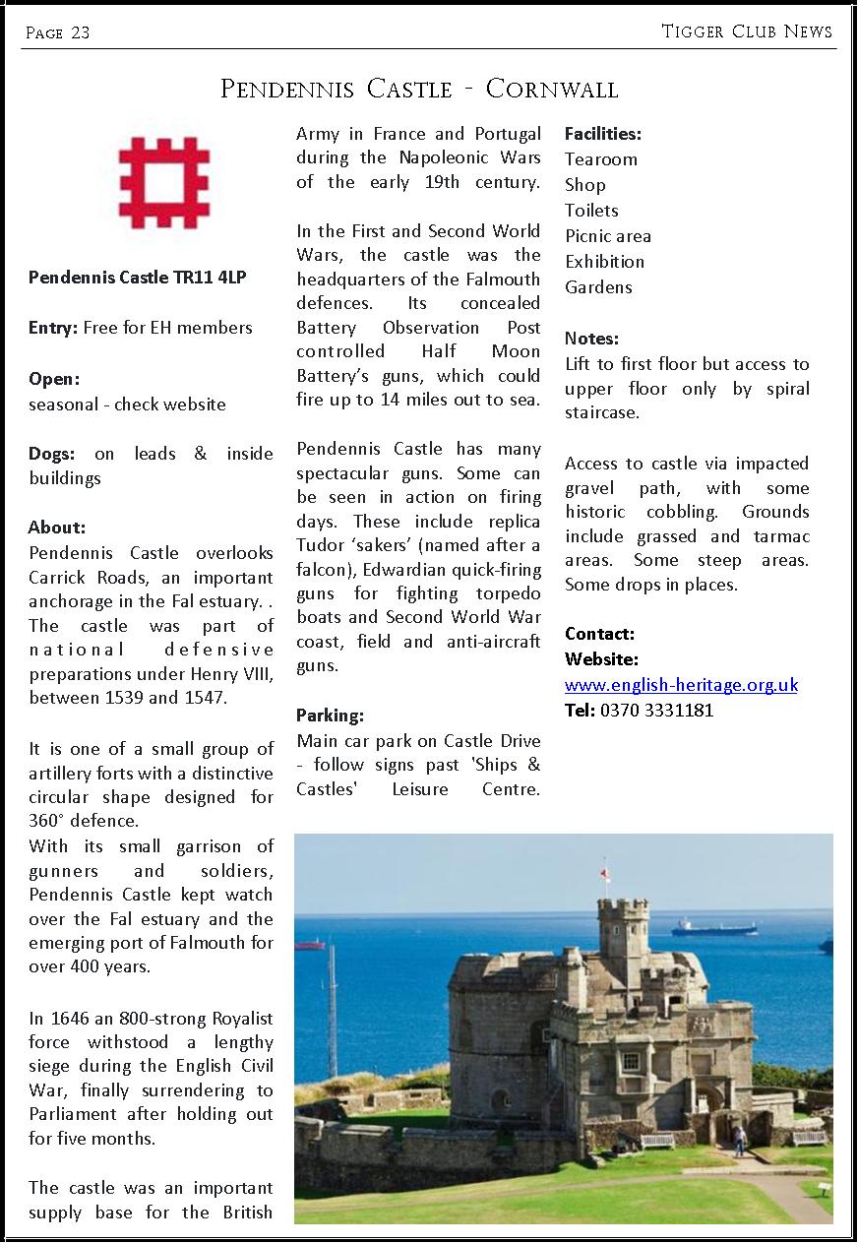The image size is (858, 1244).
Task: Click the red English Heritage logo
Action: click(164, 183)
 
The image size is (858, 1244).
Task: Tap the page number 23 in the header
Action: click(80, 33)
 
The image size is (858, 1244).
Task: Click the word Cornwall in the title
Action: click(552, 90)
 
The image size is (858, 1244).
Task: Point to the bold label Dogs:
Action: click(51, 454)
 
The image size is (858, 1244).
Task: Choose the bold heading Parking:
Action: click(330, 715)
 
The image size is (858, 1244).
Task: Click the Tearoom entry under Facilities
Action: click(600, 159)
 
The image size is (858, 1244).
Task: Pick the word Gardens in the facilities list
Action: click(598, 287)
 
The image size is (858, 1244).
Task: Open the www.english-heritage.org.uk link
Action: click(681, 685)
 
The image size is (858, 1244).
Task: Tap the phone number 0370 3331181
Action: click(656, 711)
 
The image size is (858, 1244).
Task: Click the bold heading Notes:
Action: click(591, 339)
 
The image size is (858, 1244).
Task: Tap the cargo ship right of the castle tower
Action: click(714, 927)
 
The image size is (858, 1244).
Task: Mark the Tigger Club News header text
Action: click(747, 31)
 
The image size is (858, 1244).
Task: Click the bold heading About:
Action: click(57, 528)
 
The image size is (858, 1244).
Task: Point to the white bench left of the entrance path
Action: click(658, 1140)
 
